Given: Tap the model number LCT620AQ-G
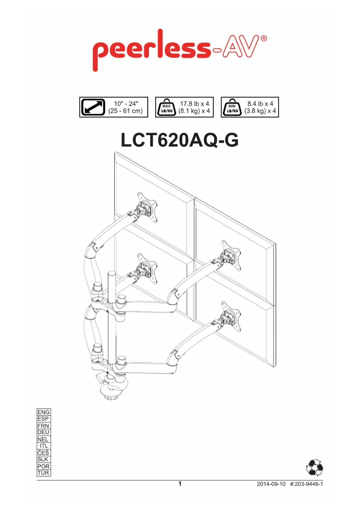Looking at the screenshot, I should point(180,140).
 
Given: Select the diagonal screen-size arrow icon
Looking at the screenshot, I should point(93,107).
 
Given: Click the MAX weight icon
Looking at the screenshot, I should point(167,108).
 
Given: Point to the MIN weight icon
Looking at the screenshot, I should point(232,108).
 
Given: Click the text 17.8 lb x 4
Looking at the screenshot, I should point(194,104).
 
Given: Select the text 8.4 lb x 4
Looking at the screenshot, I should point(260,104).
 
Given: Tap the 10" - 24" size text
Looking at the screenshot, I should point(126,104).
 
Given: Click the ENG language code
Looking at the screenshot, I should point(44,412).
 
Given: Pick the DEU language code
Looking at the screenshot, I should point(44,432).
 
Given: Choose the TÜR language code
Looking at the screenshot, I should point(44,473).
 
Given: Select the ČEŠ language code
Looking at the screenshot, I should point(44,453).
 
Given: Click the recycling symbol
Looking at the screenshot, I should point(314,468).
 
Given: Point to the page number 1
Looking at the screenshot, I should point(180,484).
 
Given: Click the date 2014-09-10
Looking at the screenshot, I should point(271,484).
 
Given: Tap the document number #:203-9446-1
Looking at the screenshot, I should point(306,484).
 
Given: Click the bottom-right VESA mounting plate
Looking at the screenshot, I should point(231,316).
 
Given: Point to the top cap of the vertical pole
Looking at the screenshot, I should point(112,273).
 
